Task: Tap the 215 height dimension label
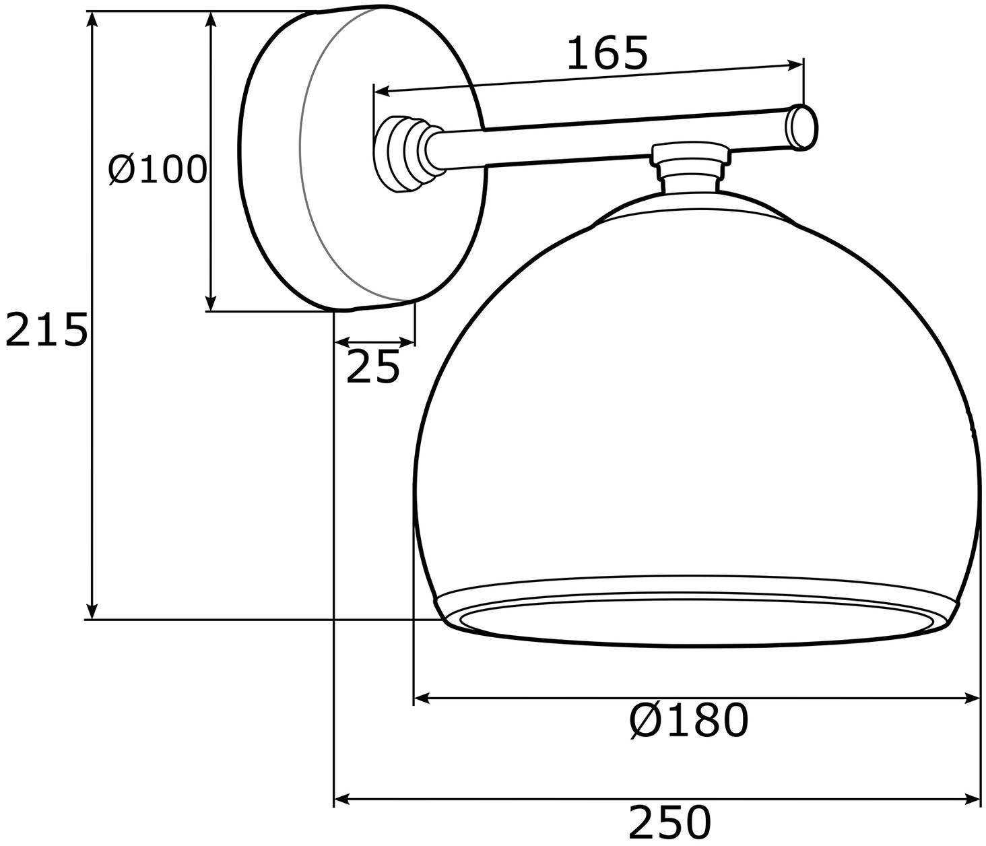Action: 46,330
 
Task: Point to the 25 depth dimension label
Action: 372,367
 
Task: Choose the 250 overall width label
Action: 669,822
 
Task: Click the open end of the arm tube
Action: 802,127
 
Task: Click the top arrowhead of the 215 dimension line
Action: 93,19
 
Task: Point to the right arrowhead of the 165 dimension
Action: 797,65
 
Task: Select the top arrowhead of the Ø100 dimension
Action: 211,19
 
